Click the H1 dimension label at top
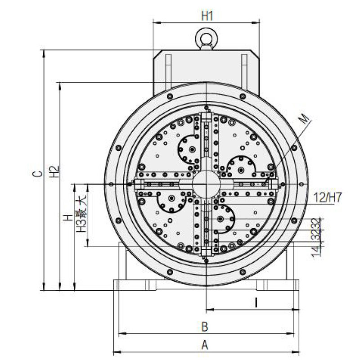[207, 16]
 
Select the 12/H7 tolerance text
[327, 197]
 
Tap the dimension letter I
[256, 303]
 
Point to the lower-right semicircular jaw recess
[222, 219]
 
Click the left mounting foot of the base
[130, 285]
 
